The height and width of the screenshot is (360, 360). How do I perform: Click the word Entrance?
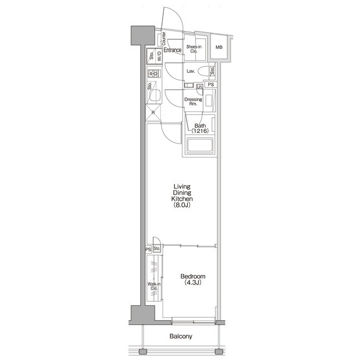point(173,50)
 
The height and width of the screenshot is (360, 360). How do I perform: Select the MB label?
point(219,47)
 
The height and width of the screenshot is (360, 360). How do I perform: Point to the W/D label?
point(160,56)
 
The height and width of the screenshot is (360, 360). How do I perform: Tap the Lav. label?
point(191,71)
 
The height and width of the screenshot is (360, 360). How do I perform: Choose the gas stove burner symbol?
point(154,74)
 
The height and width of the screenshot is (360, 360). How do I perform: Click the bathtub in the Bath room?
point(199,147)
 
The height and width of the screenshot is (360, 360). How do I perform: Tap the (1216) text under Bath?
point(199,131)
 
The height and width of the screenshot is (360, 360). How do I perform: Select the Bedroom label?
point(192,276)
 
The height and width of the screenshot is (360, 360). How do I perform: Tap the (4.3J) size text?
point(192,283)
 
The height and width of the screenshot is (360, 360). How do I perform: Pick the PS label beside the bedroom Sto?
point(148,249)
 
